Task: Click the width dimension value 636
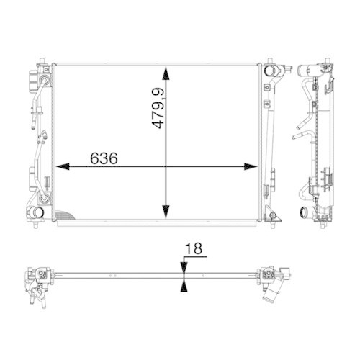pos(104,158)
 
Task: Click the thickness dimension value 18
pos(194,249)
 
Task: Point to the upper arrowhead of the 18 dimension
pos(183,266)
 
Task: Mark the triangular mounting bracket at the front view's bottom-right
pos(271,215)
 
